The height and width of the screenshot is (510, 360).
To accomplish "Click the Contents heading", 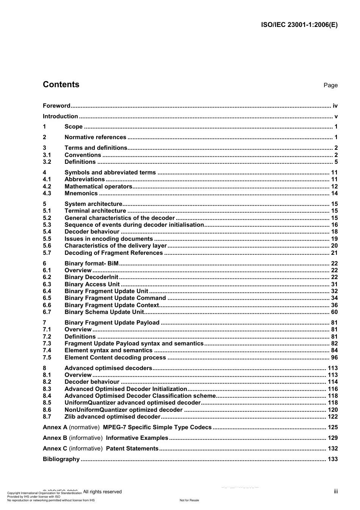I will (x=61, y=85).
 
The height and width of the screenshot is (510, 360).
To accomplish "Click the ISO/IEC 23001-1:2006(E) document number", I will (x=299, y=25).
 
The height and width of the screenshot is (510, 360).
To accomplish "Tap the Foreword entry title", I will (x=56, y=106).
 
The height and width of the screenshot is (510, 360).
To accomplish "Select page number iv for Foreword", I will (x=335, y=106).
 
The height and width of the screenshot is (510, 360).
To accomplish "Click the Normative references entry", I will (x=95, y=137).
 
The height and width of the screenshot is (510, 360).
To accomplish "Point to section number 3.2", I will (x=47, y=162).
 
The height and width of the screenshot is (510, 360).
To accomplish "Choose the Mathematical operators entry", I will (x=98, y=187).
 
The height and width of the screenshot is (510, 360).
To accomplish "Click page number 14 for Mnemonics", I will (x=334, y=193).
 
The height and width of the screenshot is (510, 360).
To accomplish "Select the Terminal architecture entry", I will (x=95, y=211).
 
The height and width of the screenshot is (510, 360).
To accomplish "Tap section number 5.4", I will (x=47, y=232).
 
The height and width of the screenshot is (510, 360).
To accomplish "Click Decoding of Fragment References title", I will (x=113, y=253).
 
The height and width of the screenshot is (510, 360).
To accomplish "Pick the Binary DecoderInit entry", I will (x=91, y=277).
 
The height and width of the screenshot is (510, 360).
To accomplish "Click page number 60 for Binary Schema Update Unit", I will (x=334, y=312).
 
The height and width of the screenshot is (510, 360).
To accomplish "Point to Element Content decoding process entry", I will (x=115, y=358).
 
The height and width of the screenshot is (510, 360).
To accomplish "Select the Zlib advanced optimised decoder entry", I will (x=113, y=417).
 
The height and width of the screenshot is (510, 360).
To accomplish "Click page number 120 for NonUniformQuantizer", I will (x=333, y=410).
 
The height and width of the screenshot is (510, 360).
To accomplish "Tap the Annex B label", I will (x=55, y=438).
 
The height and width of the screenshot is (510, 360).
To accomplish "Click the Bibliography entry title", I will (x=61, y=459).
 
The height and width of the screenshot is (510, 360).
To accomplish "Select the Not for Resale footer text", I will (x=189, y=500).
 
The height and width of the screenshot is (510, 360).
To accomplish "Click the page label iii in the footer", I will (x=336, y=491).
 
